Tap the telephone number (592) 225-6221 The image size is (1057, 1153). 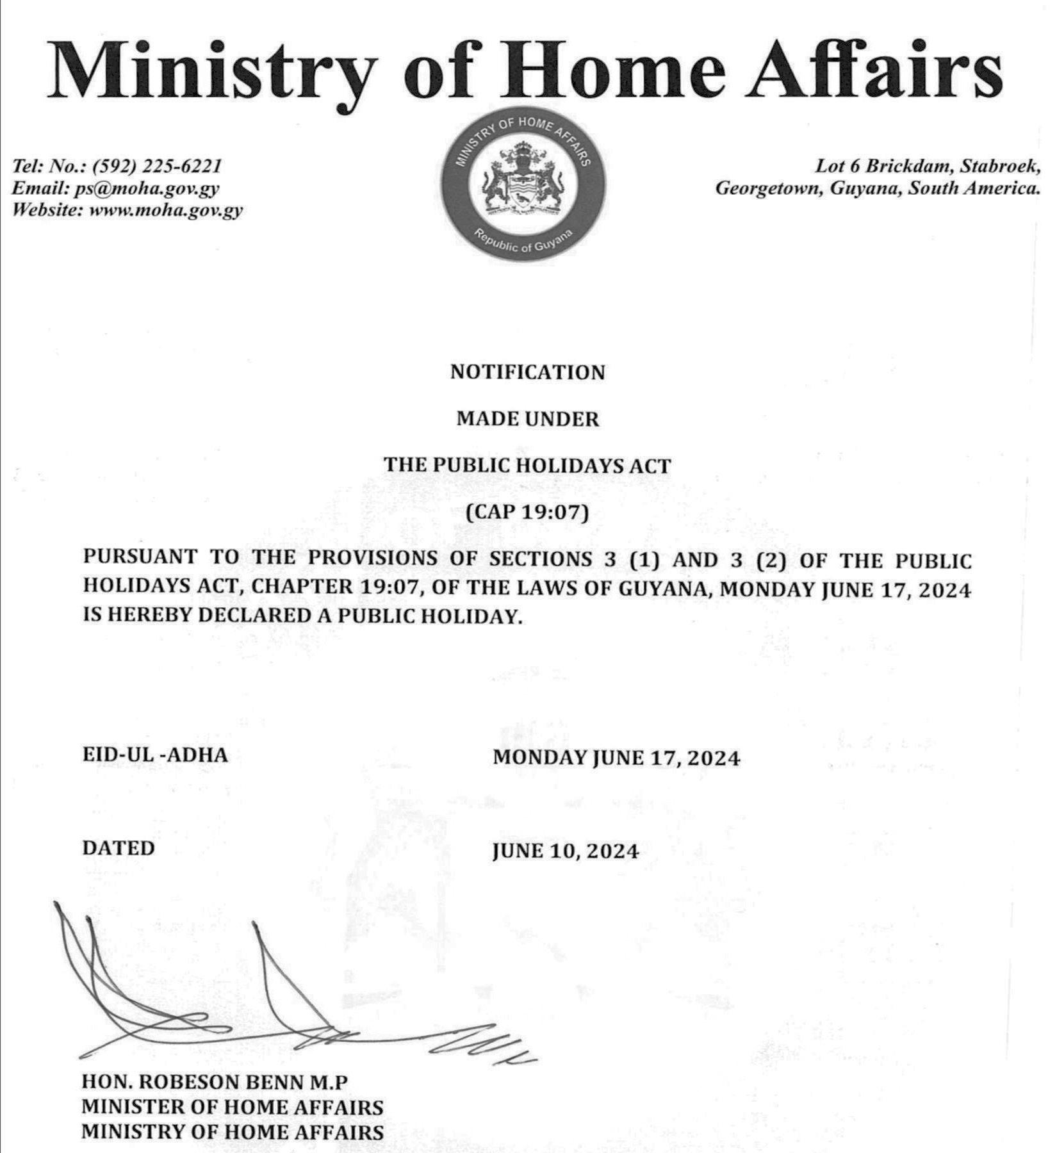click(157, 166)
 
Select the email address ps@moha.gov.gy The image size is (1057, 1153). click(147, 188)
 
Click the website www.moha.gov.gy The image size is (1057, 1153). click(166, 210)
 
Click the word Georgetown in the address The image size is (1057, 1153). click(768, 188)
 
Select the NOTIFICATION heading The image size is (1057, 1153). click(527, 372)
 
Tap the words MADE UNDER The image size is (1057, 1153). click(527, 419)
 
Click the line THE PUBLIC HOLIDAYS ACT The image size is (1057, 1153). click(527, 465)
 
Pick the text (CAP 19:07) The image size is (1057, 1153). click(527, 512)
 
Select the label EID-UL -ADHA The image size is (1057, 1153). click(155, 755)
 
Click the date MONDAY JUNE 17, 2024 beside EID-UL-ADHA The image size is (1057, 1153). click(616, 758)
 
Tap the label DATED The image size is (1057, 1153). click(119, 848)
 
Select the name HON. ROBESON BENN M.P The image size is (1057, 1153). click(215, 1082)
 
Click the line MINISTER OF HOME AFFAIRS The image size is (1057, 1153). click(232, 1107)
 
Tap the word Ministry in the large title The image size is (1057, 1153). click(211, 70)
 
